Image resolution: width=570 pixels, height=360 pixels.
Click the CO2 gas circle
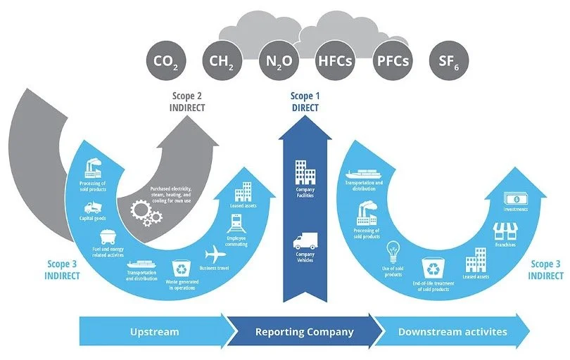click(x=165, y=61)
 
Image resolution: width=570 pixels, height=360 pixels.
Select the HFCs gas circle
click(x=335, y=61)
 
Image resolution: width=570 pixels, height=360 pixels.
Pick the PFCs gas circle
click(x=392, y=61)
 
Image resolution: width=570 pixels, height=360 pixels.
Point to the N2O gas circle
click(x=278, y=61)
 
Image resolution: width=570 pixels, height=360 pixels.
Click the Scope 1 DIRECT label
click(x=305, y=102)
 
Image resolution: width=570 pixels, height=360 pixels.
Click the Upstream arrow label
click(x=153, y=331)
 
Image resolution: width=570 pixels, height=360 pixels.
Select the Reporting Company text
click(x=304, y=331)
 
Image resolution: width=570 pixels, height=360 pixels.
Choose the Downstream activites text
click(x=452, y=331)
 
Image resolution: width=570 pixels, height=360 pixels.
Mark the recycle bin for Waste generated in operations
click(x=181, y=269)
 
